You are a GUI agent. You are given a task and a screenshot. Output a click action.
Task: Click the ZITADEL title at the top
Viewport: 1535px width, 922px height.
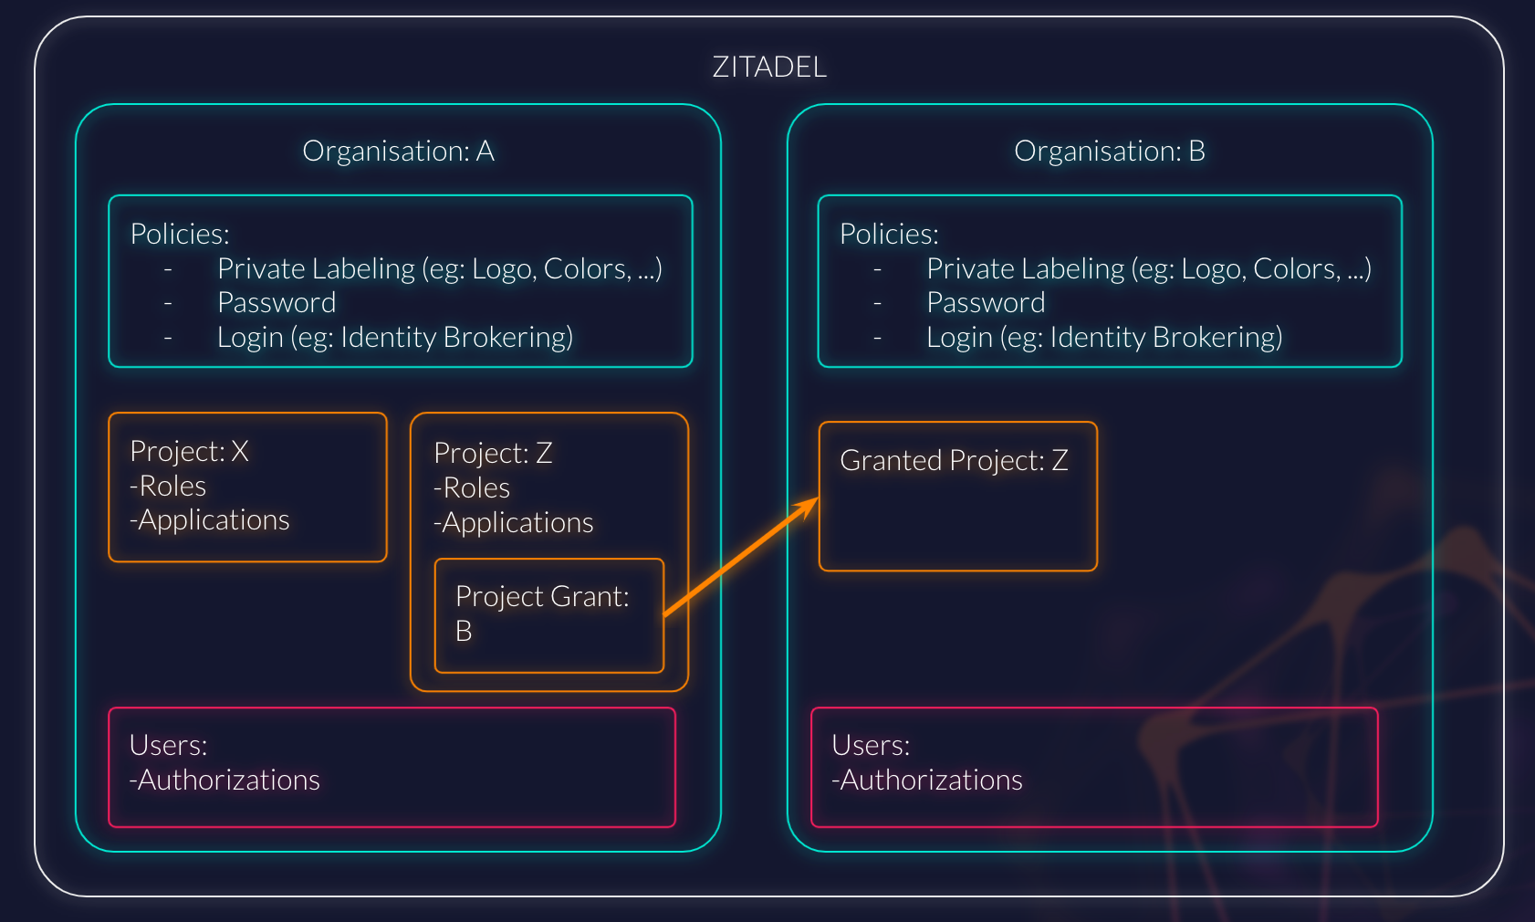(x=769, y=68)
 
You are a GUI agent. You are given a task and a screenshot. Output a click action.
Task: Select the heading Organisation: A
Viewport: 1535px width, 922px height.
(x=398, y=152)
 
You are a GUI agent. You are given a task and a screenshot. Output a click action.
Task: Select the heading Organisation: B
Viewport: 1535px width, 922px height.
(x=1109, y=152)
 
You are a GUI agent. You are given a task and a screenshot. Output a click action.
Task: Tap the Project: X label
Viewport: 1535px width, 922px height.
(x=189, y=452)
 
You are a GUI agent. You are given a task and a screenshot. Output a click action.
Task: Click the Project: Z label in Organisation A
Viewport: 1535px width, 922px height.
(x=493, y=454)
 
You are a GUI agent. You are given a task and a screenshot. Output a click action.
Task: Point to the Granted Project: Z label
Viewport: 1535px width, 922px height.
(x=954, y=461)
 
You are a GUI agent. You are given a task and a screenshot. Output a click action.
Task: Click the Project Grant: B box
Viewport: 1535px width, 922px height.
(x=548, y=614)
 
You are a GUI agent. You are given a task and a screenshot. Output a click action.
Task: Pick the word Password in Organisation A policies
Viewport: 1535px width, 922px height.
(x=277, y=303)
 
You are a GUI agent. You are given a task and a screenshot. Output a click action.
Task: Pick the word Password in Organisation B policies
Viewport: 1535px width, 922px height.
(x=986, y=303)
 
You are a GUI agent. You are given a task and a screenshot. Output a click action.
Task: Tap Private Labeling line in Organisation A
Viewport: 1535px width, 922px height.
(x=439, y=269)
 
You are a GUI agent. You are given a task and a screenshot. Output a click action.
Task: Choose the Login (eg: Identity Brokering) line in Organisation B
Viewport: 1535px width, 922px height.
(x=1104, y=338)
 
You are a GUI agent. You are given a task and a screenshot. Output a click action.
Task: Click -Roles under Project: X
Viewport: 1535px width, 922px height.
(x=168, y=487)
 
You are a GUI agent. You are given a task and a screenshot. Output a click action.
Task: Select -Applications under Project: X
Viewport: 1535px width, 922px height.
(x=210, y=520)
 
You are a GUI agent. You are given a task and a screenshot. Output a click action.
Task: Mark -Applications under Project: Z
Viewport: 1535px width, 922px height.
(x=514, y=523)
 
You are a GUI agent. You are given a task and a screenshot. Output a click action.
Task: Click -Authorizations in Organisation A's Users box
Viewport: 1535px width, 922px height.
(x=225, y=781)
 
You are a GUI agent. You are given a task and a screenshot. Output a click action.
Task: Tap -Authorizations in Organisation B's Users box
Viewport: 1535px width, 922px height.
(x=927, y=781)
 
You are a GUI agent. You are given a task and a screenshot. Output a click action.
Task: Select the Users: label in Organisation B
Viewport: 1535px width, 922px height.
(x=871, y=746)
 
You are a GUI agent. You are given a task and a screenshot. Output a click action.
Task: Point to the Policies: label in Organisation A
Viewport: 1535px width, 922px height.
(x=180, y=235)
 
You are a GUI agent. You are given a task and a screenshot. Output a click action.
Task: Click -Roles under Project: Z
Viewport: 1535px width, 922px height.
(x=472, y=488)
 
